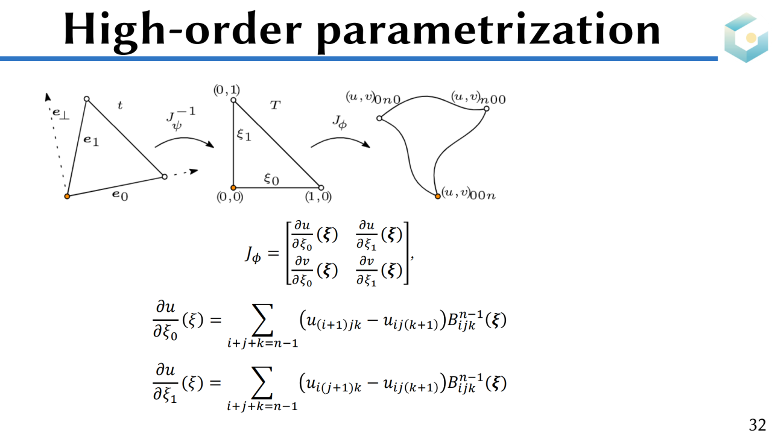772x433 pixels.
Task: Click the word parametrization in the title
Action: (x=489, y=30)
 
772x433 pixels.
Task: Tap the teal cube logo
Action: (x=747, y=37)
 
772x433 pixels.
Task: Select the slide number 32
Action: (x=757, y=424)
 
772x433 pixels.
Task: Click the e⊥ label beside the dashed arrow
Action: (x=60, y=113)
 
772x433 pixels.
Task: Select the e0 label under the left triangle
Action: (x=120, y=195)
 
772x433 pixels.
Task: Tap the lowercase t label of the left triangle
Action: (x=120, y=106)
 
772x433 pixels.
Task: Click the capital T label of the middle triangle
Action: (x=275, y=105)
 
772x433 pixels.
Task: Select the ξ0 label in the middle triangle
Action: (x=271, y=179)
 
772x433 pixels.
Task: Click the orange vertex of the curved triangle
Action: (x=438, y=196)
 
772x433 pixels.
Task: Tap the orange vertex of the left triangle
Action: (x=67, y=196)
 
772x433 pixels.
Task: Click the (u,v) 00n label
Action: (x=469, y=194)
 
